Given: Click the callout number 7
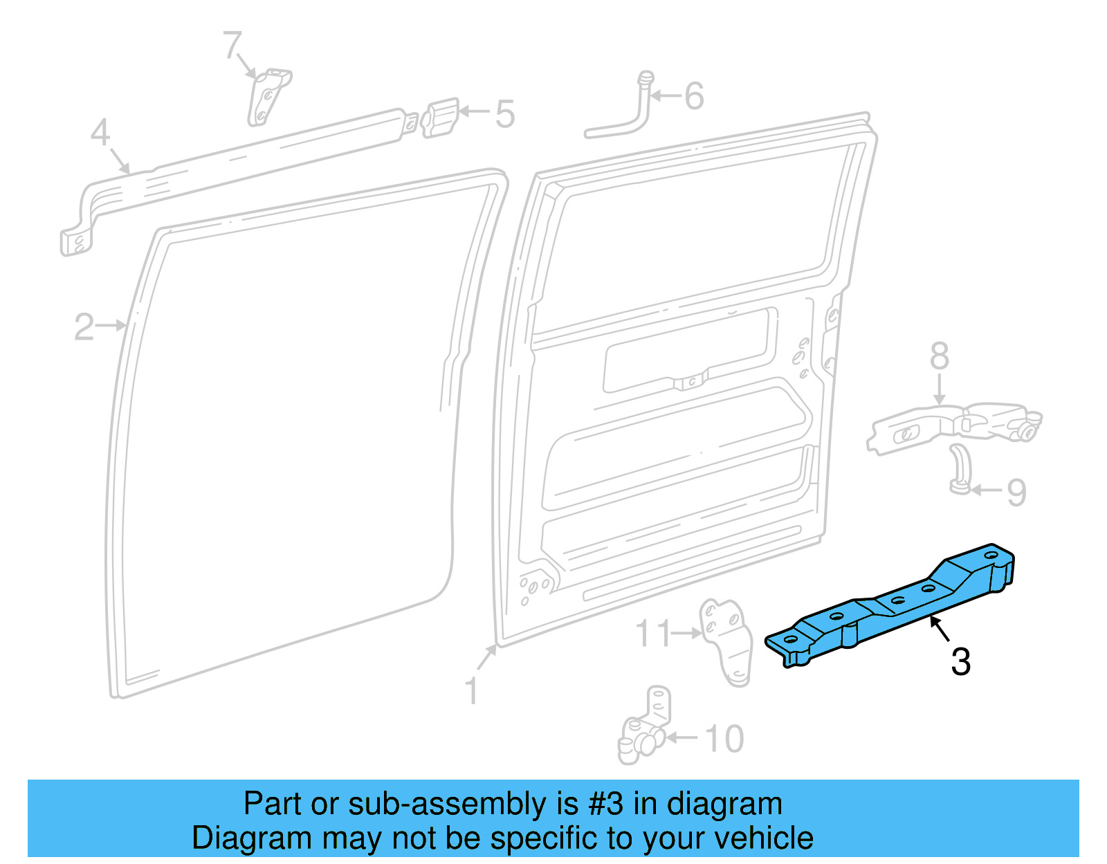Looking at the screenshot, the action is (232, 45).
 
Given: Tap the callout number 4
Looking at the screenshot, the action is (100, 132).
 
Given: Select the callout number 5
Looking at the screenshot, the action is (505, 115).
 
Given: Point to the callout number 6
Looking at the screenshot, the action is (694, 95).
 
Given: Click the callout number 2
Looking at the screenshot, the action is (84, 327).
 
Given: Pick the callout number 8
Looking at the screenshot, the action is (940, 356).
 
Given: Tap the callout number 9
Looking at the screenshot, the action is (1016, 493).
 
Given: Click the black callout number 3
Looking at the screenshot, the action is (961, 662).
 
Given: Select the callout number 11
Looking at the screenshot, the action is (654, 634).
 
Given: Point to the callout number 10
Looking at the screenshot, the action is (724, 739).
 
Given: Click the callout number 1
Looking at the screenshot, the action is (472, 690).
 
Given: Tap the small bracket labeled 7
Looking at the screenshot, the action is (268, 97).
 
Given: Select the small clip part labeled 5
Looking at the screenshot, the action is (439, 118).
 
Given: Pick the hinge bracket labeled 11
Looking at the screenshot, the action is (726, 642).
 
